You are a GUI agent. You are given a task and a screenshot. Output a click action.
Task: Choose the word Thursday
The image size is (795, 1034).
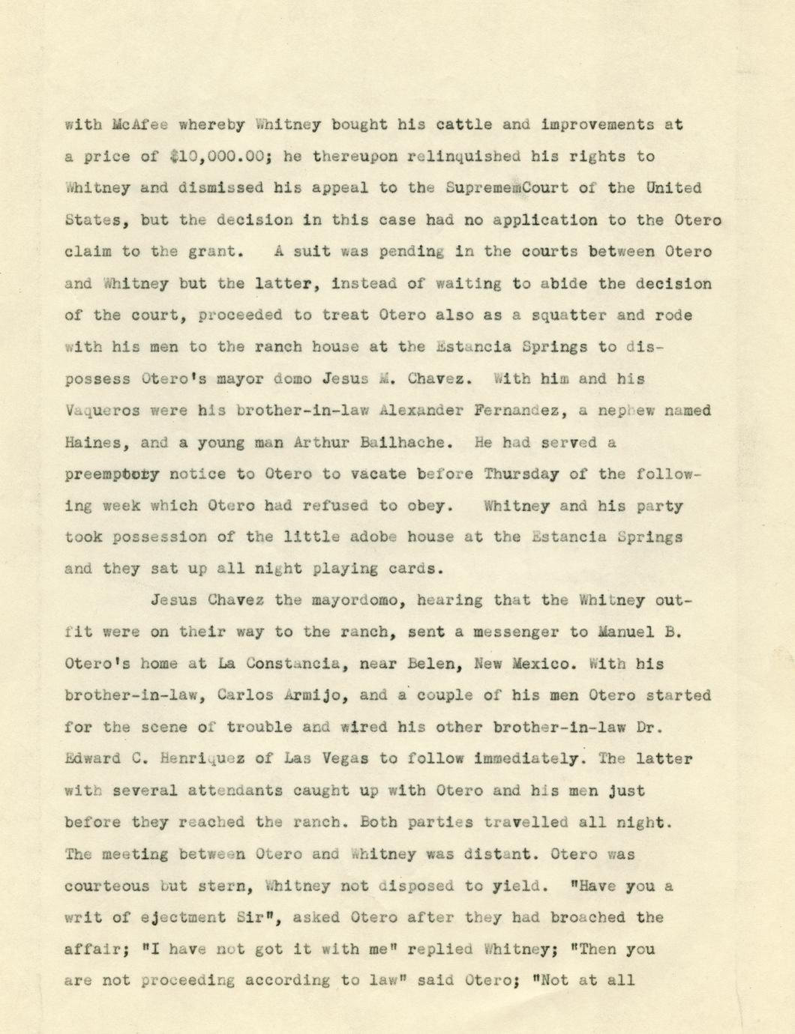[521, 474]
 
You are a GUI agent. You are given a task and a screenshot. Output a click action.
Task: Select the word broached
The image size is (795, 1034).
[587, 918]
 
